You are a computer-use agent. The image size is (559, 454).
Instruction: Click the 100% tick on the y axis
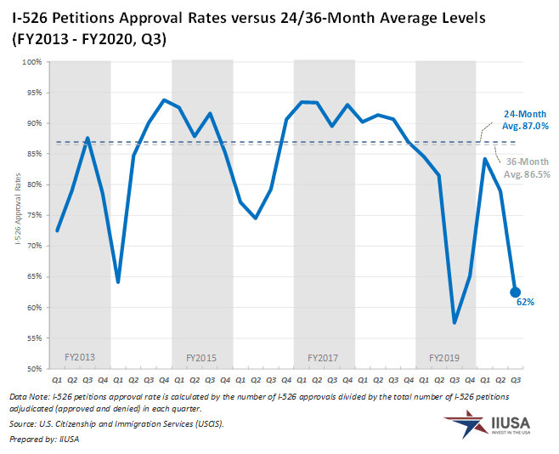coord(32,62)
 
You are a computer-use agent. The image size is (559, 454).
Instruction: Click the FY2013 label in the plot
coord(80,357)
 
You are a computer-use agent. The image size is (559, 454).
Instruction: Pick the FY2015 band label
coord(201,357)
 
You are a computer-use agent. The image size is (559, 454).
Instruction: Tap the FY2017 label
coord(324,357)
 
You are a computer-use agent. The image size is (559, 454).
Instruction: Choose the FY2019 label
coord(445,357)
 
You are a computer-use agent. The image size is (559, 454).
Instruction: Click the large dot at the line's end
coord(516,292)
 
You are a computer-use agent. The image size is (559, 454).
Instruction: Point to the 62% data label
coord(525,302)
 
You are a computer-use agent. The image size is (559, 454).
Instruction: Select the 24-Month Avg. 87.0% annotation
coord(525,120)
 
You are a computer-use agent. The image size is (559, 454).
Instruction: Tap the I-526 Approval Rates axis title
coord(16,215)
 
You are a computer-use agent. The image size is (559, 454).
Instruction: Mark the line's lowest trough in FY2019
coord(455,322)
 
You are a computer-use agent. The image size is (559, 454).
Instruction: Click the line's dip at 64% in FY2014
coord(118,281)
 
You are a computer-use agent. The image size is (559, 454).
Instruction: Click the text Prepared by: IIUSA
coord(43,438)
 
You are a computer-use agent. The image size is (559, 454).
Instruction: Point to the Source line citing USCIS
coord(116,423)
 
